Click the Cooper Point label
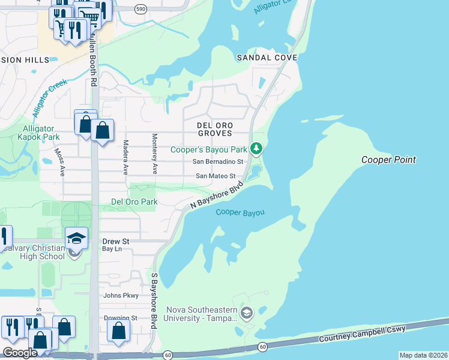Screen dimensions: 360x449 point(388,160)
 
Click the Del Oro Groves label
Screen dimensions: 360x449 point(214,129)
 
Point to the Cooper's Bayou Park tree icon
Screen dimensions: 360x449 point(256,148)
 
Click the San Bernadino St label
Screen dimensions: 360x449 point(217,162)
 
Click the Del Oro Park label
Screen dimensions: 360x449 point(134,202)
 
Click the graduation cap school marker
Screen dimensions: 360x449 point(77,238)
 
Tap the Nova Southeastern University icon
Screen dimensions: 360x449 point(246,313)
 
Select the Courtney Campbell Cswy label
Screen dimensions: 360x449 point(362,335)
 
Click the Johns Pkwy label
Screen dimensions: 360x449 point(121,295)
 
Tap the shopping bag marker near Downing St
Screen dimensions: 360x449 point(119,330)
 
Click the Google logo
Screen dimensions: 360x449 point(19,353)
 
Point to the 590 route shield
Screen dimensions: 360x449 point(140,9)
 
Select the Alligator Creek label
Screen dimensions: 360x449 point(50,97)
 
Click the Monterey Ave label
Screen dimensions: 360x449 point(154,154)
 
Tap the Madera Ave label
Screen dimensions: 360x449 point(125,157)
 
